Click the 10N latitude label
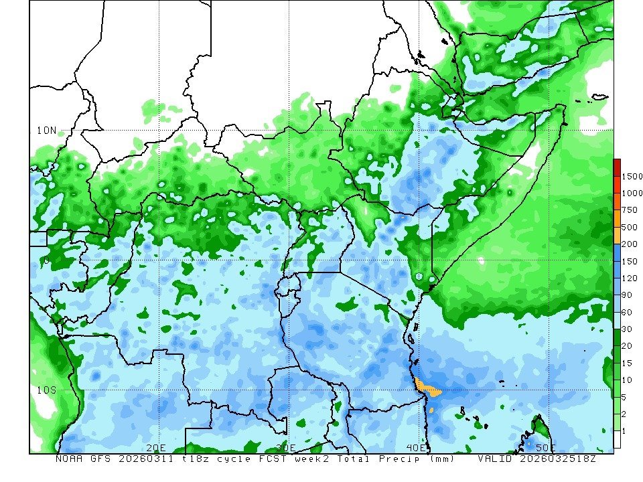tap(46, 130)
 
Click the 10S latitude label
tap(46, 390)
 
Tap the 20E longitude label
tap(155, 447)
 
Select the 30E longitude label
tap(285, 447)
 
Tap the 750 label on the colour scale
tap(630, 210)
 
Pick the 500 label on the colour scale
tap(630, 227)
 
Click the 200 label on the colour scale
tap(630, 244)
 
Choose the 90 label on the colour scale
tap(628, 295)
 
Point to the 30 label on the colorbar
tap(628, 329)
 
